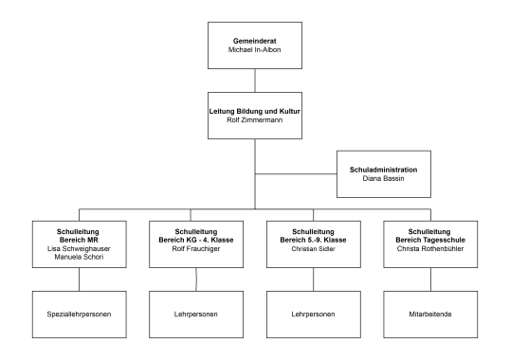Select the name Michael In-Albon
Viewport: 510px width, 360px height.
click(x=255, y=49)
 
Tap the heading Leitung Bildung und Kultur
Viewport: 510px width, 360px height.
click(x=255, y=112)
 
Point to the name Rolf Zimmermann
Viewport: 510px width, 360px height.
click(x=255, y=121)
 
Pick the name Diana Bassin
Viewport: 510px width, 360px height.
click(x=383, y=179)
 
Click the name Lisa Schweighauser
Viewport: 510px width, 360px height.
click(x=79, y=248)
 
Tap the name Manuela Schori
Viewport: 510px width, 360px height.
click(x=79, y=257)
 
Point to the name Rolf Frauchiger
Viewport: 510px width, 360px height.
click(x=196, y=248)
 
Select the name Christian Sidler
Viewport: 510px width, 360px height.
click(x=313, y=248)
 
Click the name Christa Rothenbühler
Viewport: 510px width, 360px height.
click(x=429, y=248)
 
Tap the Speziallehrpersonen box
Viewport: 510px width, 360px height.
click(x=79, y=313)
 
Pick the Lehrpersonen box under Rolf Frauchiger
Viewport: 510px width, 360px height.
click(x=196, y=313)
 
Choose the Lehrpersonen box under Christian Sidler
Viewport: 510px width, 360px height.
click(x=313, y=313)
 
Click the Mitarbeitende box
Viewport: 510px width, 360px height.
click(x=429, y=313)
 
